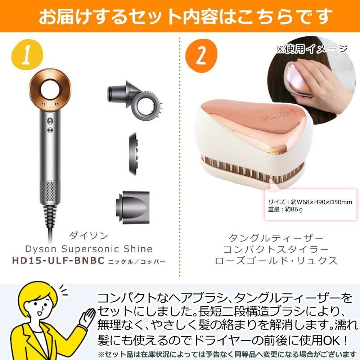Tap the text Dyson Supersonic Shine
[88, 249]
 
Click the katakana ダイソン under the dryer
[88, 236]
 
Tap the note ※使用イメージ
[311, 49]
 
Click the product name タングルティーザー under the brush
[276, 238]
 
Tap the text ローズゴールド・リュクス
[276, 260]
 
